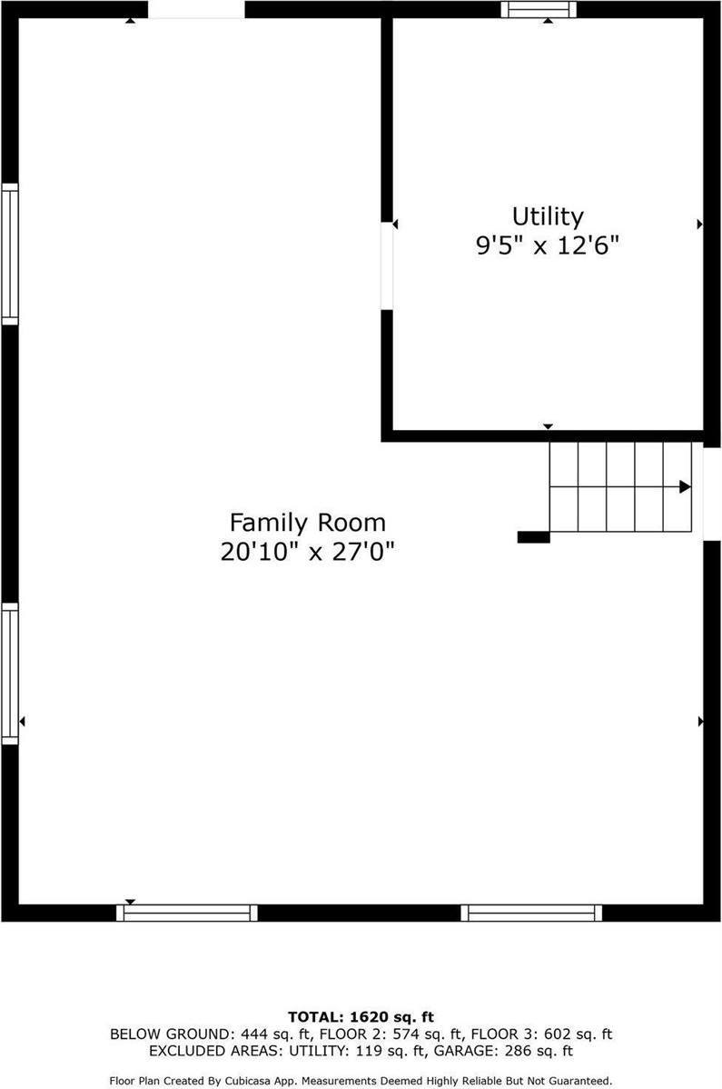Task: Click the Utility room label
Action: click(548, 216)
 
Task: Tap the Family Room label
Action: click(307, 523)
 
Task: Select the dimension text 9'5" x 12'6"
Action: click(548, 245)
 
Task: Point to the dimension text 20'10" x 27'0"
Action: click(307, 552)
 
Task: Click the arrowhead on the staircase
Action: click(685, 486)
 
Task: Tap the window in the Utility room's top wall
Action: click(539, 9)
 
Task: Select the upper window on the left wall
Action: click(10, 254)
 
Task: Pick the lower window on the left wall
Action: click(10, 674)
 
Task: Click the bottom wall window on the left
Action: click(187, 913)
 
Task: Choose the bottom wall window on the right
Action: click(531, 913)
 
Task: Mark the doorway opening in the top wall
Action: click(196, 9)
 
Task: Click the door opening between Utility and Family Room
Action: click(387, 265)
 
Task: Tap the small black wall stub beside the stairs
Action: click(533, 537)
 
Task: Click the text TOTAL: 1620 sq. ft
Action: click(361, 1017)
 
